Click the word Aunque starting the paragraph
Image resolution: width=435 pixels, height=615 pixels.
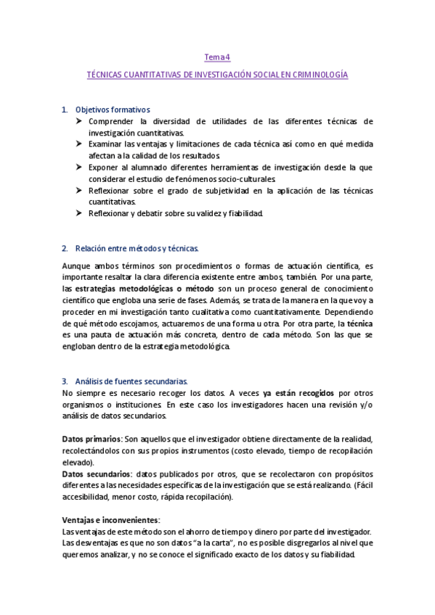[76, 266]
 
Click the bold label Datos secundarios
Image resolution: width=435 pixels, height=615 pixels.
[97, 474]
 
